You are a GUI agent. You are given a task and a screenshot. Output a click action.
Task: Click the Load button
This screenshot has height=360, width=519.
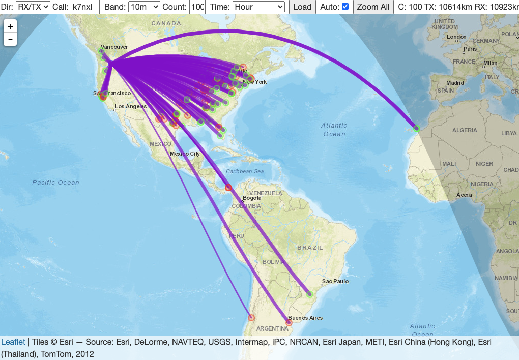(x=302, y=7)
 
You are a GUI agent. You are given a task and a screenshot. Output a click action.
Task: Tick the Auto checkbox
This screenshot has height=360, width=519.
(x=345, y=7)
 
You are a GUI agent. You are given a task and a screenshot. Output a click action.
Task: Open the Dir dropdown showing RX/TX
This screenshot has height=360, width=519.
(x=33, y=7)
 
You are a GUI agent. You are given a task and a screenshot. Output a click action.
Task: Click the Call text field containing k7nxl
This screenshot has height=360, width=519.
(x=85, y=7)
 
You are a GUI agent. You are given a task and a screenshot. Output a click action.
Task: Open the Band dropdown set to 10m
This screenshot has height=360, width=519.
(x=144, y=7)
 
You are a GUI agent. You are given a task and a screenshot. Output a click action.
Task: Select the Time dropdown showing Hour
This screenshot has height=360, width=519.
(x=258, y=7)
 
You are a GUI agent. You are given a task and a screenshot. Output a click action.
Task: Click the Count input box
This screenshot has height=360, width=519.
(x=197, y=7)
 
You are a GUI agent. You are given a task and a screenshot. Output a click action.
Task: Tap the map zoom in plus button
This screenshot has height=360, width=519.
(x=11, y=26)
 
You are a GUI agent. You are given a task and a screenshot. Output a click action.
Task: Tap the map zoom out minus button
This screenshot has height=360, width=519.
(x=11, y=39)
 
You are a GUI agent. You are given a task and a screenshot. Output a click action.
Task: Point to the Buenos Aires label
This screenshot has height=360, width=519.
(x=305, y=318)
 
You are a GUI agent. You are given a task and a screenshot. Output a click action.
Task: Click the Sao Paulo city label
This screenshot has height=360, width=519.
(x=334, y=281)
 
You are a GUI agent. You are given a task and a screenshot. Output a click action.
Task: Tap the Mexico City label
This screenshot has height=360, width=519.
(x=185, y=154)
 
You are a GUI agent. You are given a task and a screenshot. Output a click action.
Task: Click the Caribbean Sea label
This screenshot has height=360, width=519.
(x=245, y=172)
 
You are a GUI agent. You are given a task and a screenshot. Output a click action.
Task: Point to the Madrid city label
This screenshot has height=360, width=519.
(x=455, y=83)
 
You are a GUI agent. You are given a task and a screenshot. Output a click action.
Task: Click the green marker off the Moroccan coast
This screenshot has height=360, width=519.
(x=417, y=129)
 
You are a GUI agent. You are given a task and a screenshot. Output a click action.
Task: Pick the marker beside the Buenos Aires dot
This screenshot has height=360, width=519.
(x=289, y=322)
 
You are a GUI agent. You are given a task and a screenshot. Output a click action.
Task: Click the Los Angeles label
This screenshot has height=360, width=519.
(x=131, y=107)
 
